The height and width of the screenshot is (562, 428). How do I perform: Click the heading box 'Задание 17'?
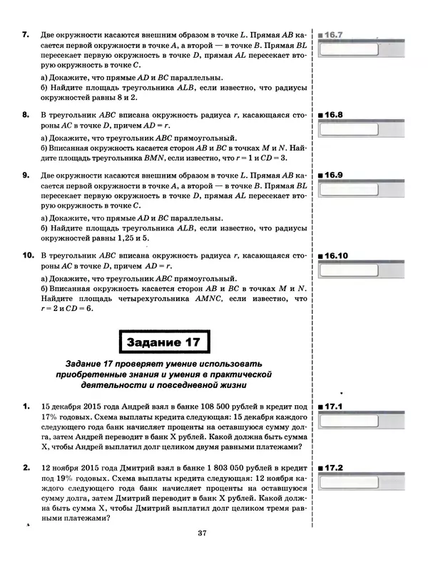(163, 343)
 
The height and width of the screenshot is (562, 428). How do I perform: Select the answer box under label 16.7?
(356, 49)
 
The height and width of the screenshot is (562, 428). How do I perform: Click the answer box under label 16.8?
(356, 129)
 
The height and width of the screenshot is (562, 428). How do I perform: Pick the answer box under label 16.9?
(356, 189)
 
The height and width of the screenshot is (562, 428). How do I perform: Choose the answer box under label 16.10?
(356, 269)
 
